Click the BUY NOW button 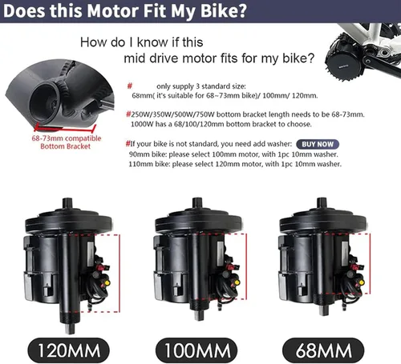pos(318,144)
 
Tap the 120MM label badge pos(69,350)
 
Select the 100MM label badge pos(196,350)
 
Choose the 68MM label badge pos(323,350)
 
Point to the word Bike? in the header pos(223,11)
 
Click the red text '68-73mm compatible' pos(67,138)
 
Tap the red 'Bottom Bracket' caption pos(66,146)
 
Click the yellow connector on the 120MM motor pos(107,282)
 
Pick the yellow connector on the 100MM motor pos(237,282)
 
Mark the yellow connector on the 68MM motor pos(362,282)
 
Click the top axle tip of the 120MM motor pos(67,199)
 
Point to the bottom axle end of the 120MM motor pos(70,332)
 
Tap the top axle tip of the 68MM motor pos(322,199)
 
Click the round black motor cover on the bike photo pos(344,65)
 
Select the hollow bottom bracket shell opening pos(43,101)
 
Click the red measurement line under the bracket pos(64,130)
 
